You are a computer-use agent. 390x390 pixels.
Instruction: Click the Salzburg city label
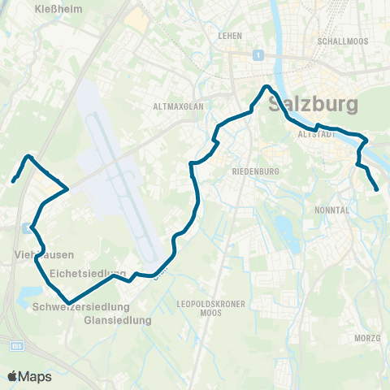pos(313,105)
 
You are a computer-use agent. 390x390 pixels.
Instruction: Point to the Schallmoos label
pos(343,41)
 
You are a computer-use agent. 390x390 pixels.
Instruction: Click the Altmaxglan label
pos(176,106)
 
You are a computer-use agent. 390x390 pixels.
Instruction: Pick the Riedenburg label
pos(256,172)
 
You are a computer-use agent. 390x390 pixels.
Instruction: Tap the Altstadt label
pos(318,134)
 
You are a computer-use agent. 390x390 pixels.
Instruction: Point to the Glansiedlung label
pos(118,321)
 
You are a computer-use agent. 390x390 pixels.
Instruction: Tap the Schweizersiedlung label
pos(82,307)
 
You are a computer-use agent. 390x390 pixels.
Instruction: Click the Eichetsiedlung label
pos(88,273)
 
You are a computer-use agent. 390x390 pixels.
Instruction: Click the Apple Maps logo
pos(29,376)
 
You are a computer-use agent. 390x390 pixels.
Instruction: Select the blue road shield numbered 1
pos(257,54)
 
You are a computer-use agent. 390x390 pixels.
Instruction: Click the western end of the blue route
pos(14,180)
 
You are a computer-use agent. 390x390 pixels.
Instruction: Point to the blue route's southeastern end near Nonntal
pos(378,190)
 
